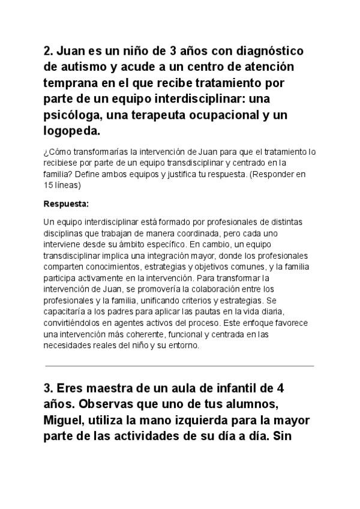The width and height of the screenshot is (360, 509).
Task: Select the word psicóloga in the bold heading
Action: (72, 114)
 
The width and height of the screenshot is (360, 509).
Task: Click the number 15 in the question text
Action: (49, 185)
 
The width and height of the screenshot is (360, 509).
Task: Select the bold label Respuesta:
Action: (66, 203)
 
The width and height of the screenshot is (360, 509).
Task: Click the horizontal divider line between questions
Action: (179, 366)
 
